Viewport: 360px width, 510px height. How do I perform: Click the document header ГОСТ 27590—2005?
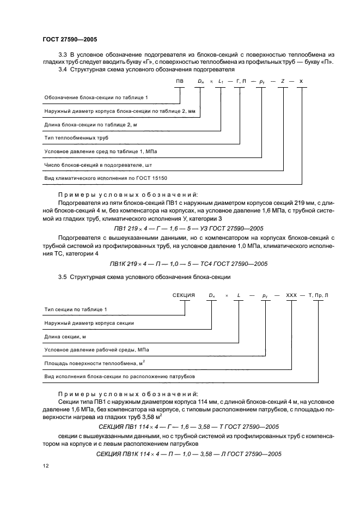pyautogui.click(x=70, y=39)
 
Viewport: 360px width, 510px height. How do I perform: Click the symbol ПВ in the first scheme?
pyautogui.click(x=180, y=81)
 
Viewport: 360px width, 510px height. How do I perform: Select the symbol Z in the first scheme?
pyautogui.click(x=283, y=81)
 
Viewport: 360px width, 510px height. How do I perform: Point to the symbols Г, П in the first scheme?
pyautogui.click(x=241, y=81)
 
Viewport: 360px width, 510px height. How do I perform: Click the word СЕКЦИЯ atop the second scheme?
pyautogui.click(x=184, y=295)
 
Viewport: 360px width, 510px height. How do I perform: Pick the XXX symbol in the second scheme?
pyautogui.click(x=291, y=295)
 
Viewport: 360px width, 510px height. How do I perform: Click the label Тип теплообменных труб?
pyautogui.click(x=72, y=138)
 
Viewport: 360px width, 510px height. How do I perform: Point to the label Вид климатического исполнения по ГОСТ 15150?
pyautogui.click(x=105, y=178)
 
